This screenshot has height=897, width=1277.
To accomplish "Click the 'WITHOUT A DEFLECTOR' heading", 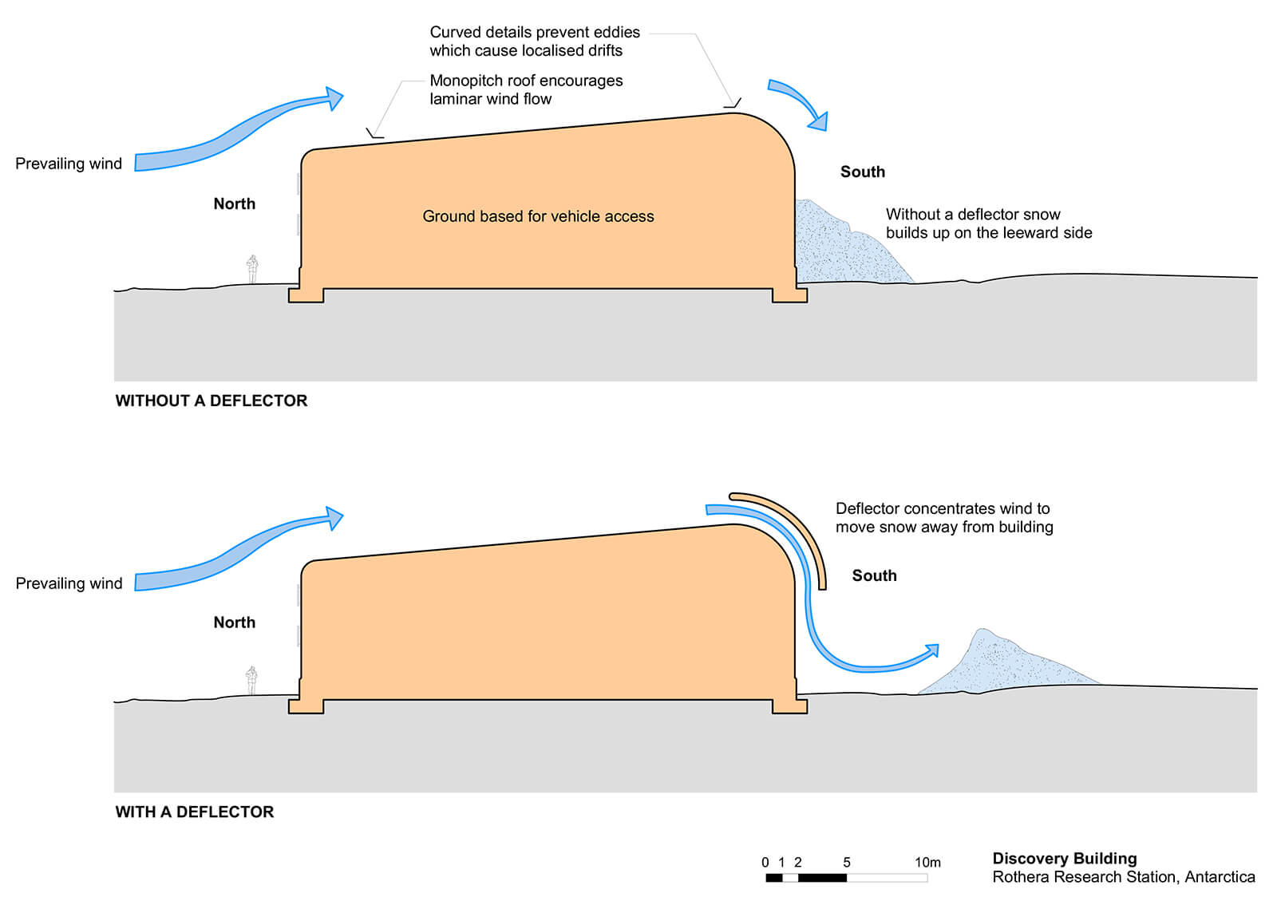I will (x=212, y=401).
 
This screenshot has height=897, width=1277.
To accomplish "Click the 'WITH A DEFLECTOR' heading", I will (x=195, y=812).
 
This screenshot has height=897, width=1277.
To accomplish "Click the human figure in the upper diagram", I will (x=252, y=269).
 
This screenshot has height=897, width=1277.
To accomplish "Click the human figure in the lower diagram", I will (x=251, y=680).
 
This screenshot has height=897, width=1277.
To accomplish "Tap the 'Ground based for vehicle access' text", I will (x=538, y=216).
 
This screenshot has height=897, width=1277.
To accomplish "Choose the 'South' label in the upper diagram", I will (x=863, y=172).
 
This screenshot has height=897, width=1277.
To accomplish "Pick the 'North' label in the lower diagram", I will (x=234, y=622).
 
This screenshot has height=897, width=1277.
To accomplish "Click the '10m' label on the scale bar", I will (x=927, y=862).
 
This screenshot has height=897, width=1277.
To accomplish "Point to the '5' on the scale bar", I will (x=847, y=862).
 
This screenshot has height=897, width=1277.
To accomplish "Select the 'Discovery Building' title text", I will (x=1064, y=858).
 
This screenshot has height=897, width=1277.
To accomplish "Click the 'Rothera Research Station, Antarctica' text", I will (x=1123, y=877).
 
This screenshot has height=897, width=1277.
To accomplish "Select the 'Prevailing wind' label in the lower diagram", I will (x=69, y=583).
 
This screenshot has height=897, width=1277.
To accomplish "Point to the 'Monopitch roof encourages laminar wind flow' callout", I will (x=526, y=89).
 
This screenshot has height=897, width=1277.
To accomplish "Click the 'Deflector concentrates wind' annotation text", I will (x=943, y=517).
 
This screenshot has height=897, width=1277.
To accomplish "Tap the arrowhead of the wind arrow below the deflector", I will (x=928, y=653).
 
